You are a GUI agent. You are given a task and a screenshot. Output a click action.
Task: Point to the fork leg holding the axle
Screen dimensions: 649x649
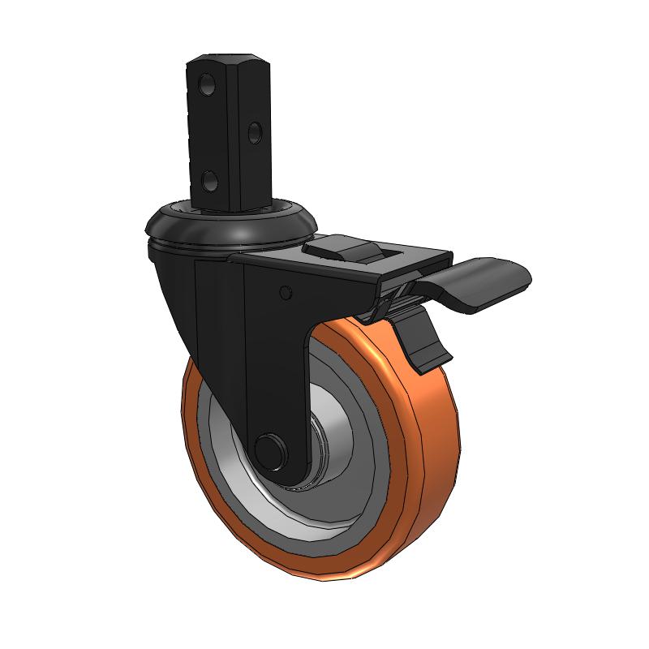click(276, 381)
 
